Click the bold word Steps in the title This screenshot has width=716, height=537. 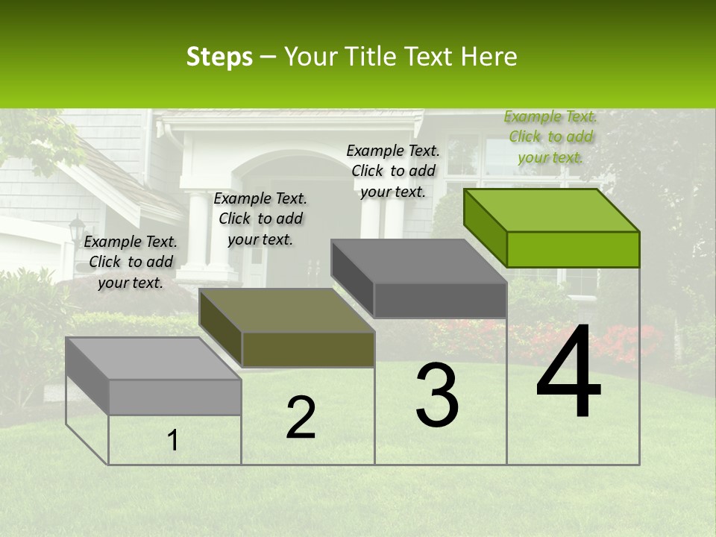tap(219, 57)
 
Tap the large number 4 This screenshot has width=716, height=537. tap(568, 373)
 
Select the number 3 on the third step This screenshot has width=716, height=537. tap(437, 395)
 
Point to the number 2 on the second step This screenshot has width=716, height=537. tap(301, 418)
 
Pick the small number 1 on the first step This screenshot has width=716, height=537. tap(173, 441)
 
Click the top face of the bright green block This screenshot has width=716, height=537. tap(550, 210)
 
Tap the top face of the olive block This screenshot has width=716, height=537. tap(287, 310)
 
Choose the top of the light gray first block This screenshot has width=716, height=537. tap(153, 359)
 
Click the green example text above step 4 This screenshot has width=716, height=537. tap(550, 136)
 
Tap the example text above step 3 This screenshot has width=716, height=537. tap(393, 171)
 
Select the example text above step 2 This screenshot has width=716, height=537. tap(260, 219)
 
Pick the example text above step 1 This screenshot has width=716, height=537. tap(131, 262)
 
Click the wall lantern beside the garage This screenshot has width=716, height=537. tap(77, 227)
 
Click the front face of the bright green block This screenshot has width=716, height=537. tap(573, 249)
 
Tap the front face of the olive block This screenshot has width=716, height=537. tap(308, 349)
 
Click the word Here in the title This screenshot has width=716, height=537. tap(491, 57)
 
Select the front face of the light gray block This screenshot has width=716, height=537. tap(175, 397)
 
